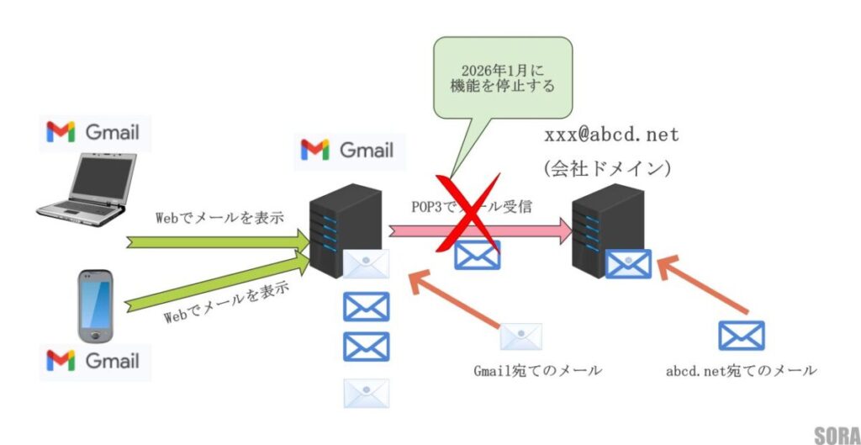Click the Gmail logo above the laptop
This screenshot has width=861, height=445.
93,132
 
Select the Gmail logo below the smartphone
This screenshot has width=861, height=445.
93,361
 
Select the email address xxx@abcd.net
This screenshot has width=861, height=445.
611,135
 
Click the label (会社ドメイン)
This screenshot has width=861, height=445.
607,168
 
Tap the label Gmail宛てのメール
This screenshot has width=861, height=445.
538,370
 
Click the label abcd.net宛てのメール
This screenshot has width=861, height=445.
741,370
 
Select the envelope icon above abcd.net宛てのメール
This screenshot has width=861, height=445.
741,336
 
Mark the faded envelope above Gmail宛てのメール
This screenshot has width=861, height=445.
520,336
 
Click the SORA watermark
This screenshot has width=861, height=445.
835,434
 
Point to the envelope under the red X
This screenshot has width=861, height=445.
477,254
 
